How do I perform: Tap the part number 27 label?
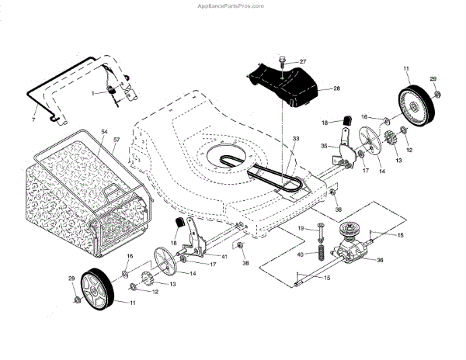[303, 61]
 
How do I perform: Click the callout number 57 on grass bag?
[116, 140]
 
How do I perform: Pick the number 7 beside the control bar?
[33, 121]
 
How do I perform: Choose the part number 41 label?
[224, 256]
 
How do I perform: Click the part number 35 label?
[324, 146]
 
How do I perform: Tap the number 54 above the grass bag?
[104, 133]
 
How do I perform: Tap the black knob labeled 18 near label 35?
[343, 119]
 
